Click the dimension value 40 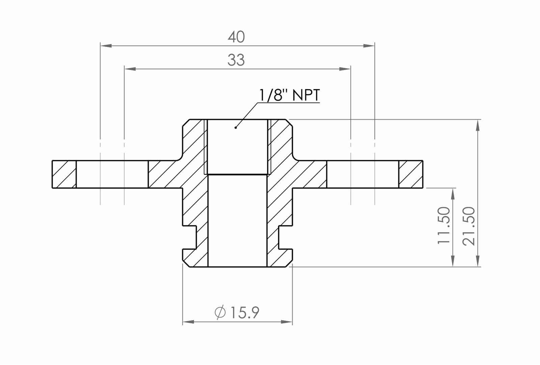point(236,37)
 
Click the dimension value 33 point(236,60)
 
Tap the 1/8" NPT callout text point(289,95)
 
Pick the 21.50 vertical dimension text point(469,226)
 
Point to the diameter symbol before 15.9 point(220,312)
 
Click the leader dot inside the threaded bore point(235,128)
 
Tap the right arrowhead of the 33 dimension point(346,69)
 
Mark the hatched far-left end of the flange point(64,174)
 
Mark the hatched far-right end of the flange point(410,174)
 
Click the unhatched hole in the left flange point(112,174)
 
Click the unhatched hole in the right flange point(362,174)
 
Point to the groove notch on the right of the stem point(286,237)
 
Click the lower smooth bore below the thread point(237,221)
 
